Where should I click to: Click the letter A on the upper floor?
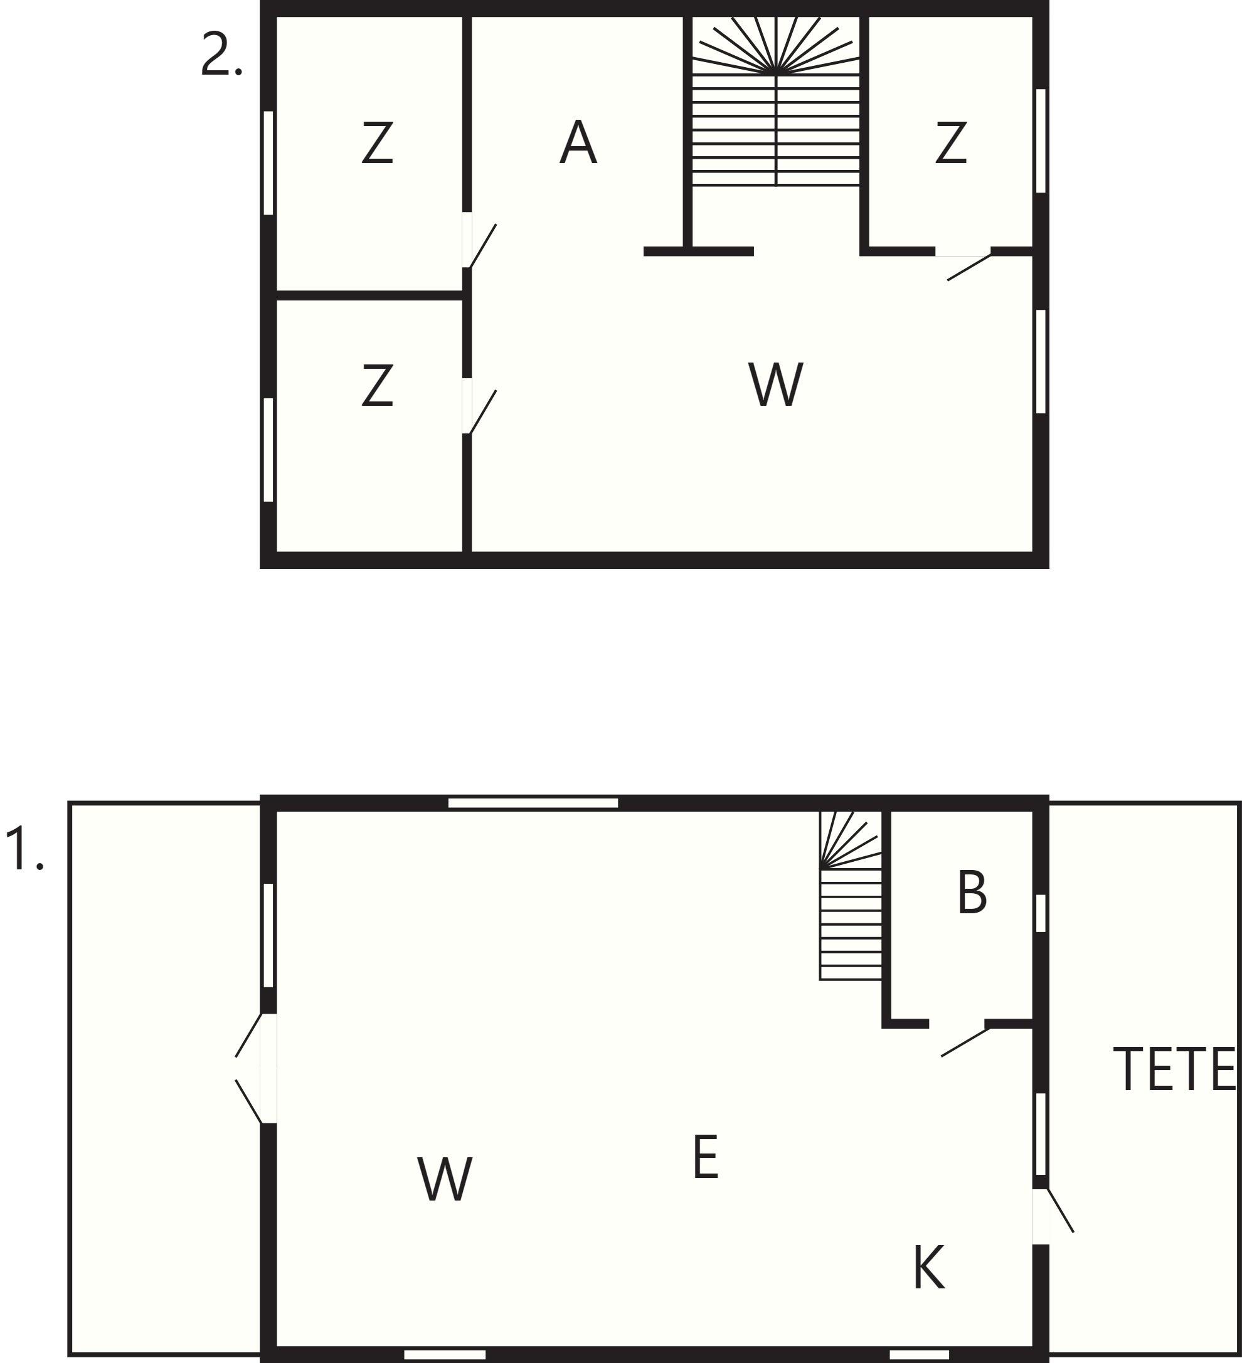578,142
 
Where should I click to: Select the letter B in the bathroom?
972,893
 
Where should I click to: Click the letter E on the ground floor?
705,1157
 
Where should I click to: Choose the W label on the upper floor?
775,384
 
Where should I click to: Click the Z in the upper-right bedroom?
950,142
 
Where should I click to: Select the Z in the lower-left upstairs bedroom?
377,384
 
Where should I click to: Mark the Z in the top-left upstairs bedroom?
377,142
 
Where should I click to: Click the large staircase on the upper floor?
775,101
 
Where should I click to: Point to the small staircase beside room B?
851,895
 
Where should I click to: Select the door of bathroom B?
965,1041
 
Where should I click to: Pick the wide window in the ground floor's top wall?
533,802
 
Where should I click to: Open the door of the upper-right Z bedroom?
969,265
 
